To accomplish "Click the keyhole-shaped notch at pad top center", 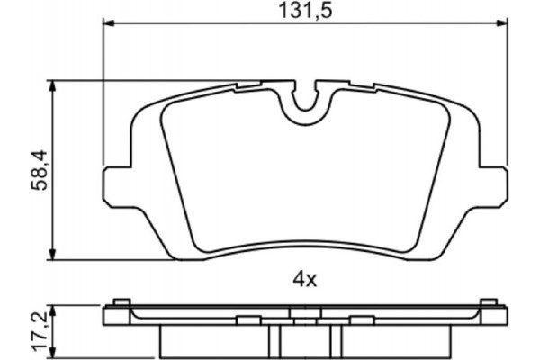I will point(307,98).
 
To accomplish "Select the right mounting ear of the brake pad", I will point(494,184).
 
